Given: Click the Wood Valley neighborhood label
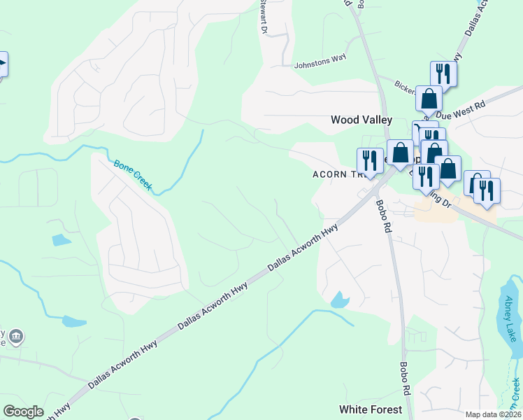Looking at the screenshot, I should tap(361, 120).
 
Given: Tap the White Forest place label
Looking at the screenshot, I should tap(371, 409).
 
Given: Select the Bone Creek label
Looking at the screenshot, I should tap(133, 176).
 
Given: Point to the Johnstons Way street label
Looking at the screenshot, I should tap(320, 59).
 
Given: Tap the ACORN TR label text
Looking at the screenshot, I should tap(335, 176).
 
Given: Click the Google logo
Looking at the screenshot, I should tap(22, 412).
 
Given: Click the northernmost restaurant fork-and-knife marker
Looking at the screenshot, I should tap(443, 73).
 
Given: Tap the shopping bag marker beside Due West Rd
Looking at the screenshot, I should tap(429, 99).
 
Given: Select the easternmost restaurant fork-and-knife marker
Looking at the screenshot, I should tap(487, 190).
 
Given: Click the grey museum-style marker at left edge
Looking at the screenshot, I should tap(16, 337).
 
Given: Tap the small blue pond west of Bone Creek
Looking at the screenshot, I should tap(62, 240).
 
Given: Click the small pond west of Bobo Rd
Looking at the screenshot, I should tap(340, 300).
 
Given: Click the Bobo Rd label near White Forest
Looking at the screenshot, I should tap(404, 376).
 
